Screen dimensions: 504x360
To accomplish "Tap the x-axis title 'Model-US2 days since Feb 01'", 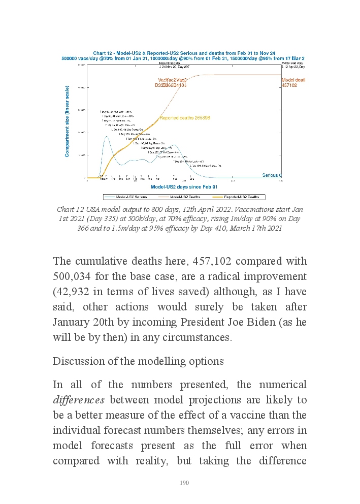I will (184, 187).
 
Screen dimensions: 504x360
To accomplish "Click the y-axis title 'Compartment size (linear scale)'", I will (67, 121).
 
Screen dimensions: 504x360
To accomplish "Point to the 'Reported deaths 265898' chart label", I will (185, 118).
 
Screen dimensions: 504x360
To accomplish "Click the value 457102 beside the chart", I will (289, 85).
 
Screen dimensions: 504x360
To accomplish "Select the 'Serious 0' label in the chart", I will (272, 175).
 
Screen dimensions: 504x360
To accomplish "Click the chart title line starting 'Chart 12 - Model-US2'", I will (184, 53).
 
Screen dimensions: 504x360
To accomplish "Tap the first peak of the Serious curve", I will (107, 136).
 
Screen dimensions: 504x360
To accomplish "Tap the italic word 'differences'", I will (79, 400).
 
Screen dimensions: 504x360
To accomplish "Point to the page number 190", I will (184, 483).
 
